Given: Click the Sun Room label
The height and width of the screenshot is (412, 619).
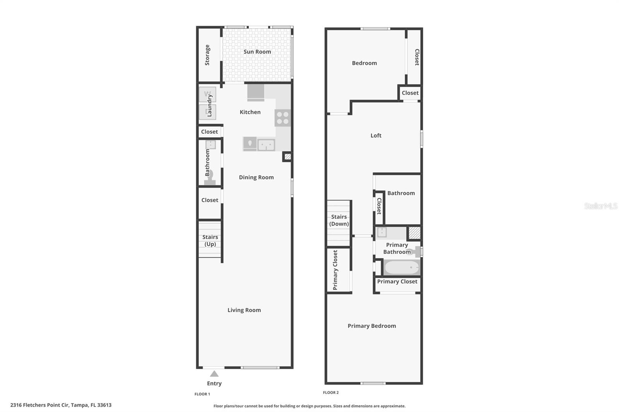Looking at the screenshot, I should [257, 52].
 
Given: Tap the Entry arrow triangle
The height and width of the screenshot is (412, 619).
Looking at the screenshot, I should [214, 374].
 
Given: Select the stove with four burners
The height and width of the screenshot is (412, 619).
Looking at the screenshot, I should [282, 118].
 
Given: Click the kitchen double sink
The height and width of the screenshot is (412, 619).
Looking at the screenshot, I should [266, 145].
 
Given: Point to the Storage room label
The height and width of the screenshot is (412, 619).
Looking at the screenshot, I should [207, 55].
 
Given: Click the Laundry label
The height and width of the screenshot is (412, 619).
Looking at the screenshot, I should [210, 106].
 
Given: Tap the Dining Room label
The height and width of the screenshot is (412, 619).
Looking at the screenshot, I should [256, 177].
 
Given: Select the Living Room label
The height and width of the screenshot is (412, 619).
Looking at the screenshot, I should [244, 310].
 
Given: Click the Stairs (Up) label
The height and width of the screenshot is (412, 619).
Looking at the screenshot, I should [210, 240].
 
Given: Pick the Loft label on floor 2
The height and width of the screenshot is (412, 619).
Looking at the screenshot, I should [376, 136].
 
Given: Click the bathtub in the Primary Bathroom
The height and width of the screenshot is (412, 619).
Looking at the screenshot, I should [402, 267].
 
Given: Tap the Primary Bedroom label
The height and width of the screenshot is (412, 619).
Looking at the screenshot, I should [371, 326].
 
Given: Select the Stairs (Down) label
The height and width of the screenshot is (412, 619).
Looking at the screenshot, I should [339, 220].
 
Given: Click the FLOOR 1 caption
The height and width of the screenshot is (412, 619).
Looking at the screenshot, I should [202, 394].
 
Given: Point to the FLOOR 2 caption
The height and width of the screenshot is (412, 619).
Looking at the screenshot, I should [331, 393].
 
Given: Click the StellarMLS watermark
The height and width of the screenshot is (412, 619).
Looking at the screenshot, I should [600, 206].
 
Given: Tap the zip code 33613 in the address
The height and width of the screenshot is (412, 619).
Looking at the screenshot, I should [104, 405].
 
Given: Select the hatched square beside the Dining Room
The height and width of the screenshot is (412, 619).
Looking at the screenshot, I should [287, 157].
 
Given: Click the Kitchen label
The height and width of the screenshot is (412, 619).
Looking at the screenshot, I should [250, 112].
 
